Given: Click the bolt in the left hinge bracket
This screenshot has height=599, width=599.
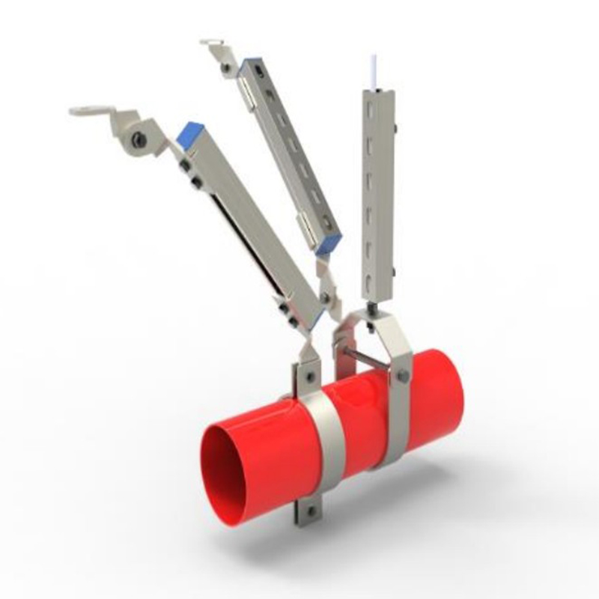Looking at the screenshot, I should coord(138,138).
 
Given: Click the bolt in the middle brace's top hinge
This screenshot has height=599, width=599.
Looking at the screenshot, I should coord(225,68).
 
